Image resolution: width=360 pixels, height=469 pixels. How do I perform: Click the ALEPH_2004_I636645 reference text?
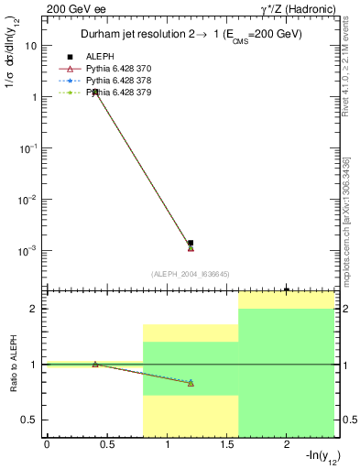click(x=190, y=273)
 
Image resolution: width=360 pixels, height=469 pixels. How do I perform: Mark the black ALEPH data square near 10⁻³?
click(x=191, y=243)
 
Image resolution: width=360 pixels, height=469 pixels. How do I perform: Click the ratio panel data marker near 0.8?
click(x=191, y=383)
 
